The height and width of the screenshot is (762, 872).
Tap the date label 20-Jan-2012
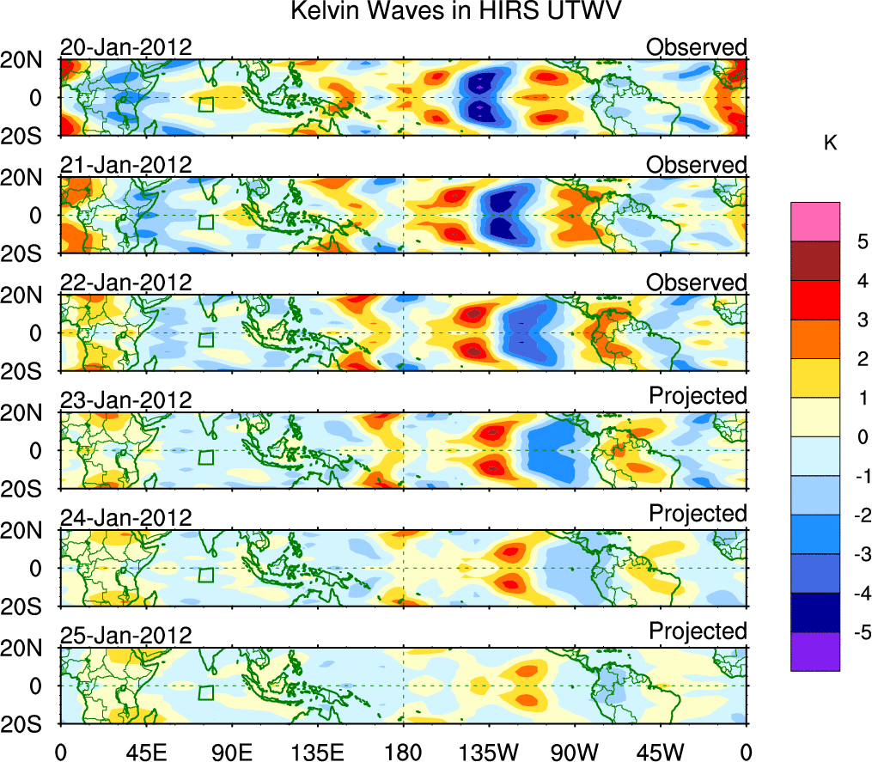125,47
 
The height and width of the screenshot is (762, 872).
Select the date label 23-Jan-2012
125,400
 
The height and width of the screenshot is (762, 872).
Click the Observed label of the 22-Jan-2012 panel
697,283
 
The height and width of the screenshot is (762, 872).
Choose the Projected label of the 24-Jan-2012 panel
698,514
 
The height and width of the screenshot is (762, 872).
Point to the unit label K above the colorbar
831,144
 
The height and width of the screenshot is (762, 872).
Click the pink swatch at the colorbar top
814,222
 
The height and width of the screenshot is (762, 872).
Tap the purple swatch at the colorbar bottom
814,651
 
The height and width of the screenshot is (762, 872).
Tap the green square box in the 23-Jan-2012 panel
205,457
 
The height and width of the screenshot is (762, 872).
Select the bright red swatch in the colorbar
814,300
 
